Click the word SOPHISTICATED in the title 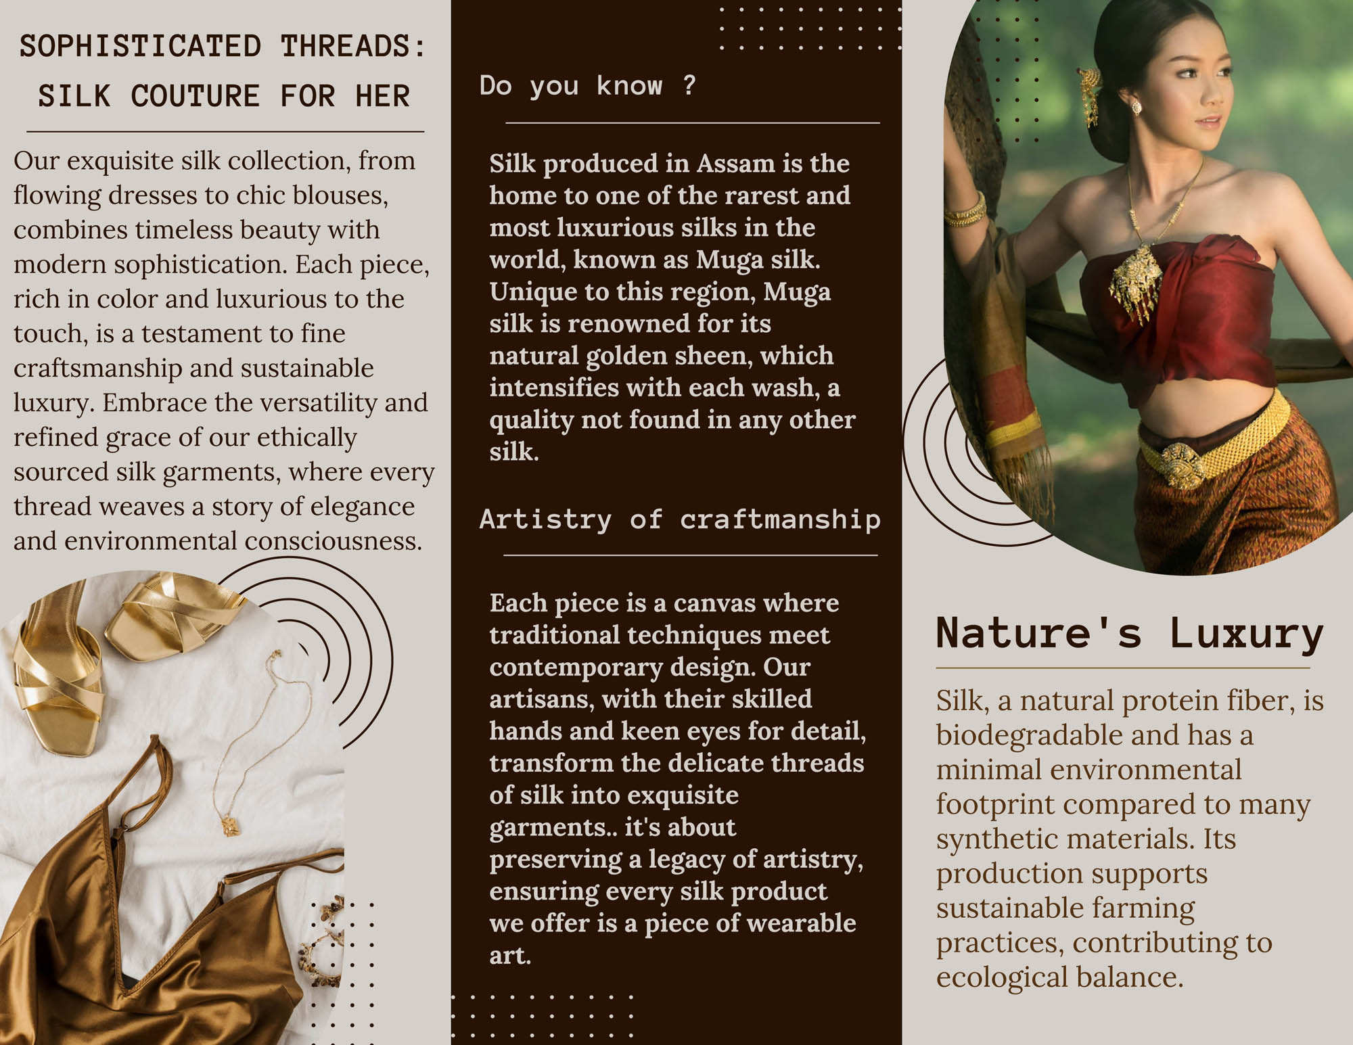[x=140, y=47]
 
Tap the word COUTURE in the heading [x=195, y=96]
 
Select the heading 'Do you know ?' [x=587, y=86]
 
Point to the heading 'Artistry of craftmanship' [x=680, y=519]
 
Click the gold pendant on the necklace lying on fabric [x=231, y=826]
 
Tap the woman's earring [x=1137, y=107]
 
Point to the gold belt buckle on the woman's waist [x=1182, y=465]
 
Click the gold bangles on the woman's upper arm [x=965, y=210]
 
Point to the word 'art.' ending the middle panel [x=510, y=956]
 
